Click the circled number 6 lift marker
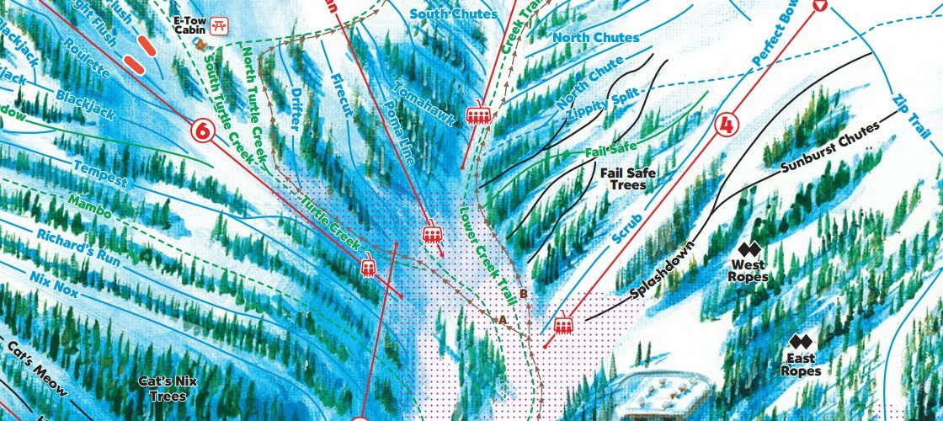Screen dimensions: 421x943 (203, 131)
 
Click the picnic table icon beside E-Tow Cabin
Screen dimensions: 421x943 (221, 25)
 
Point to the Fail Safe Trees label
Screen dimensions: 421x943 (628, 179)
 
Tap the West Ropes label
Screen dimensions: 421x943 (749, 270)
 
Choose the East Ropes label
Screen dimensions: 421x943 (800, 365)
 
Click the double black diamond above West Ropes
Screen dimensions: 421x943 (749, 249)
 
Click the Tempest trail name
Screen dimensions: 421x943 (100, 173)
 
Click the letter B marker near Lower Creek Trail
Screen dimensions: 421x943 (523, 294)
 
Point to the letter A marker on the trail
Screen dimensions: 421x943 (503, 319)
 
